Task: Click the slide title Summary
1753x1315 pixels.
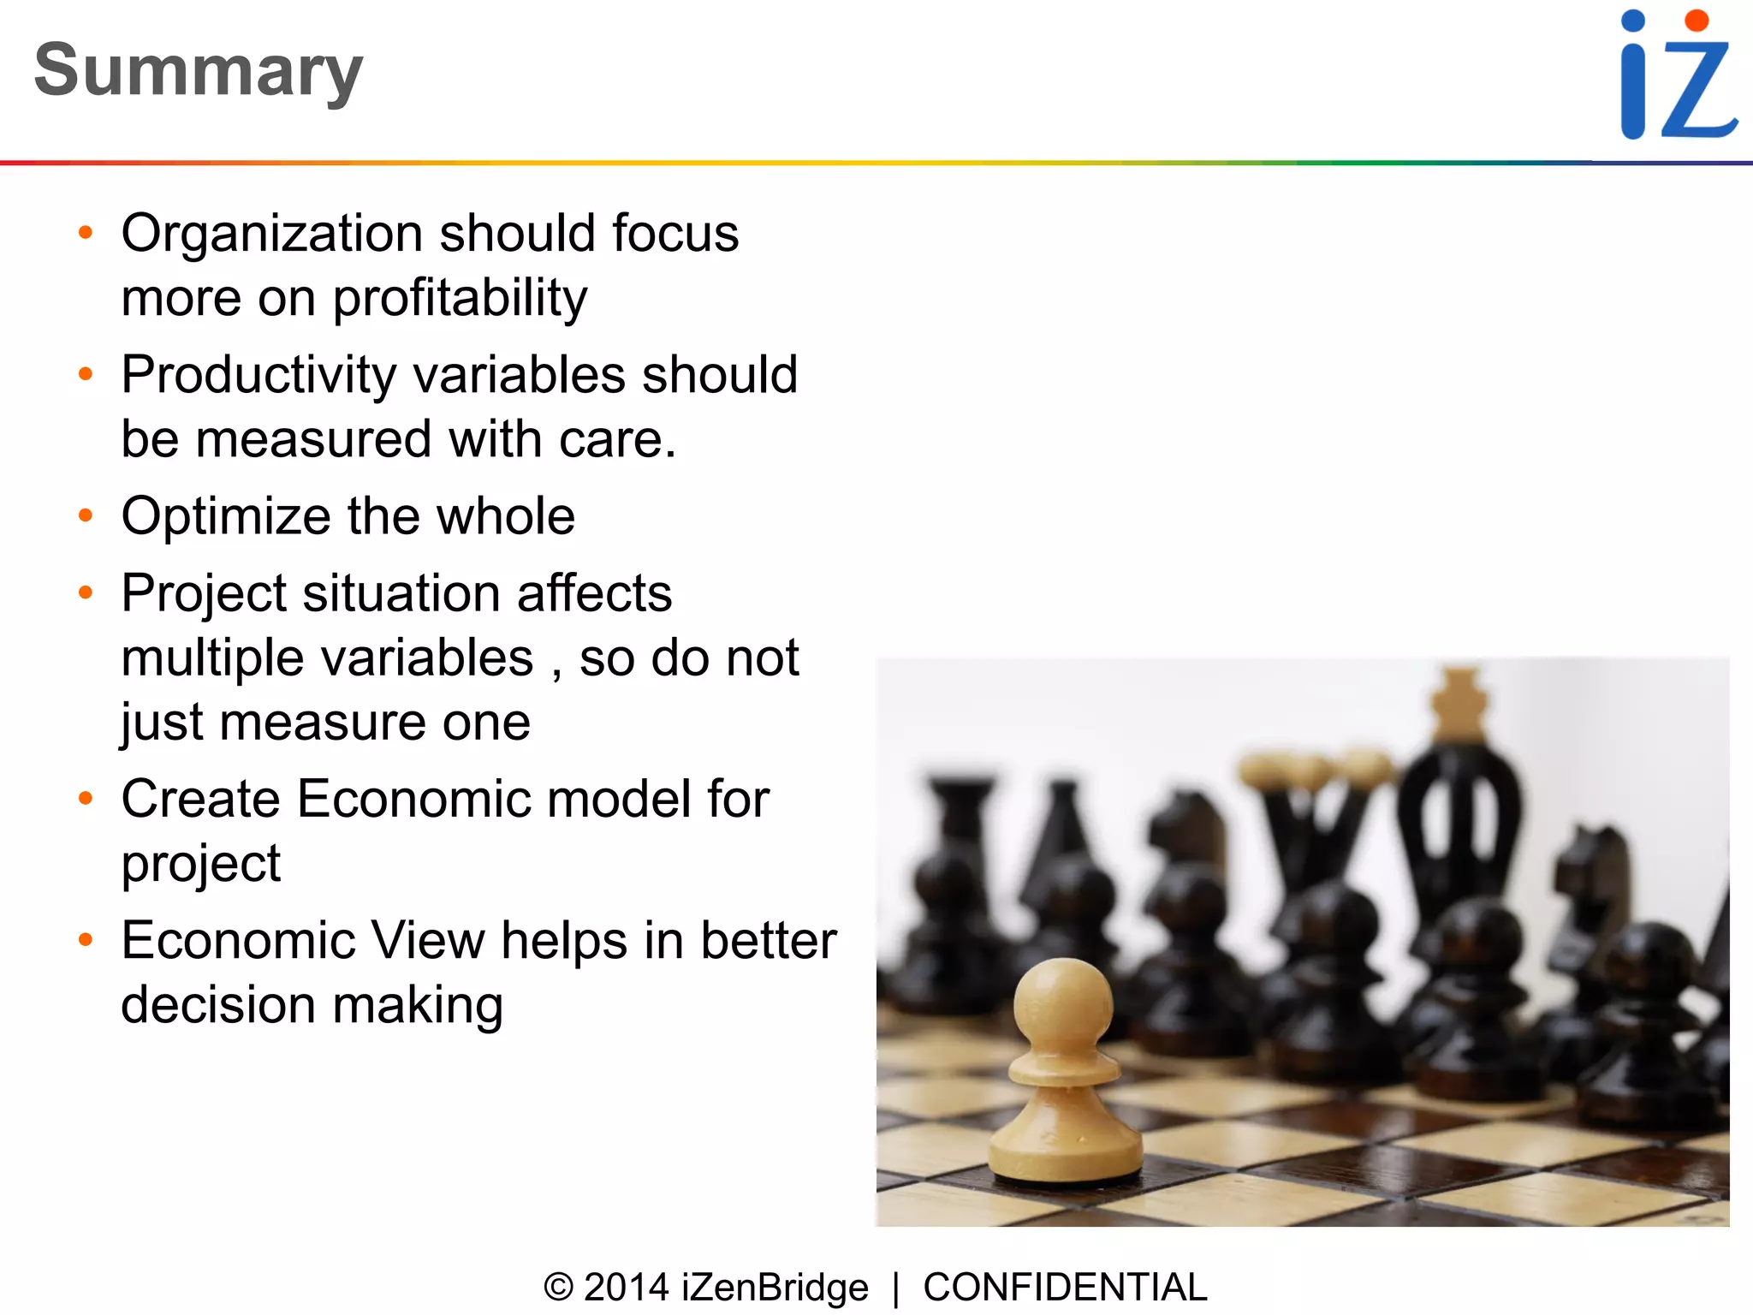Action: (199, 71)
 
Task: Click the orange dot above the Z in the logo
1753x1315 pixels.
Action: (1697, 20)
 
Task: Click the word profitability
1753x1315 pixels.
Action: (460, 299)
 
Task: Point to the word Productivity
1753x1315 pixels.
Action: (258, 376)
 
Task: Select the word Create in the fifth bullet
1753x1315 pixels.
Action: (200, 800)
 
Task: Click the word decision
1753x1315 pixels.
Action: (218, 1005)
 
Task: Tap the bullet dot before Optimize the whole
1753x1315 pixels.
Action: (85, 515)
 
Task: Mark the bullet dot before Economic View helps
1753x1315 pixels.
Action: (85, 940)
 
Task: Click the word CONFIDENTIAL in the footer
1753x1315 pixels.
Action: (1065, 1288)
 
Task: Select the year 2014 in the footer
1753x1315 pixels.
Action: (626, 1288)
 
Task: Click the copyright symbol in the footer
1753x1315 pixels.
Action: (558, 1288)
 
